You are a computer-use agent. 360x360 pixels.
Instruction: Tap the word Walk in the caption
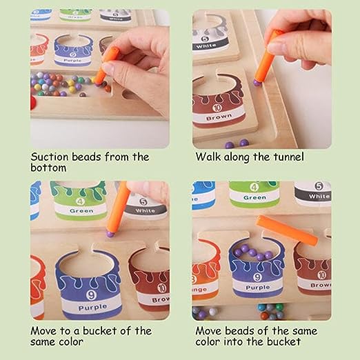(x=208, y=157)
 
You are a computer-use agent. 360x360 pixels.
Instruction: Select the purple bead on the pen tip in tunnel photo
(x=257, y=81)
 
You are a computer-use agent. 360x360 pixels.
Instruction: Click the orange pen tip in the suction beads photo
(x=100, y=77)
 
